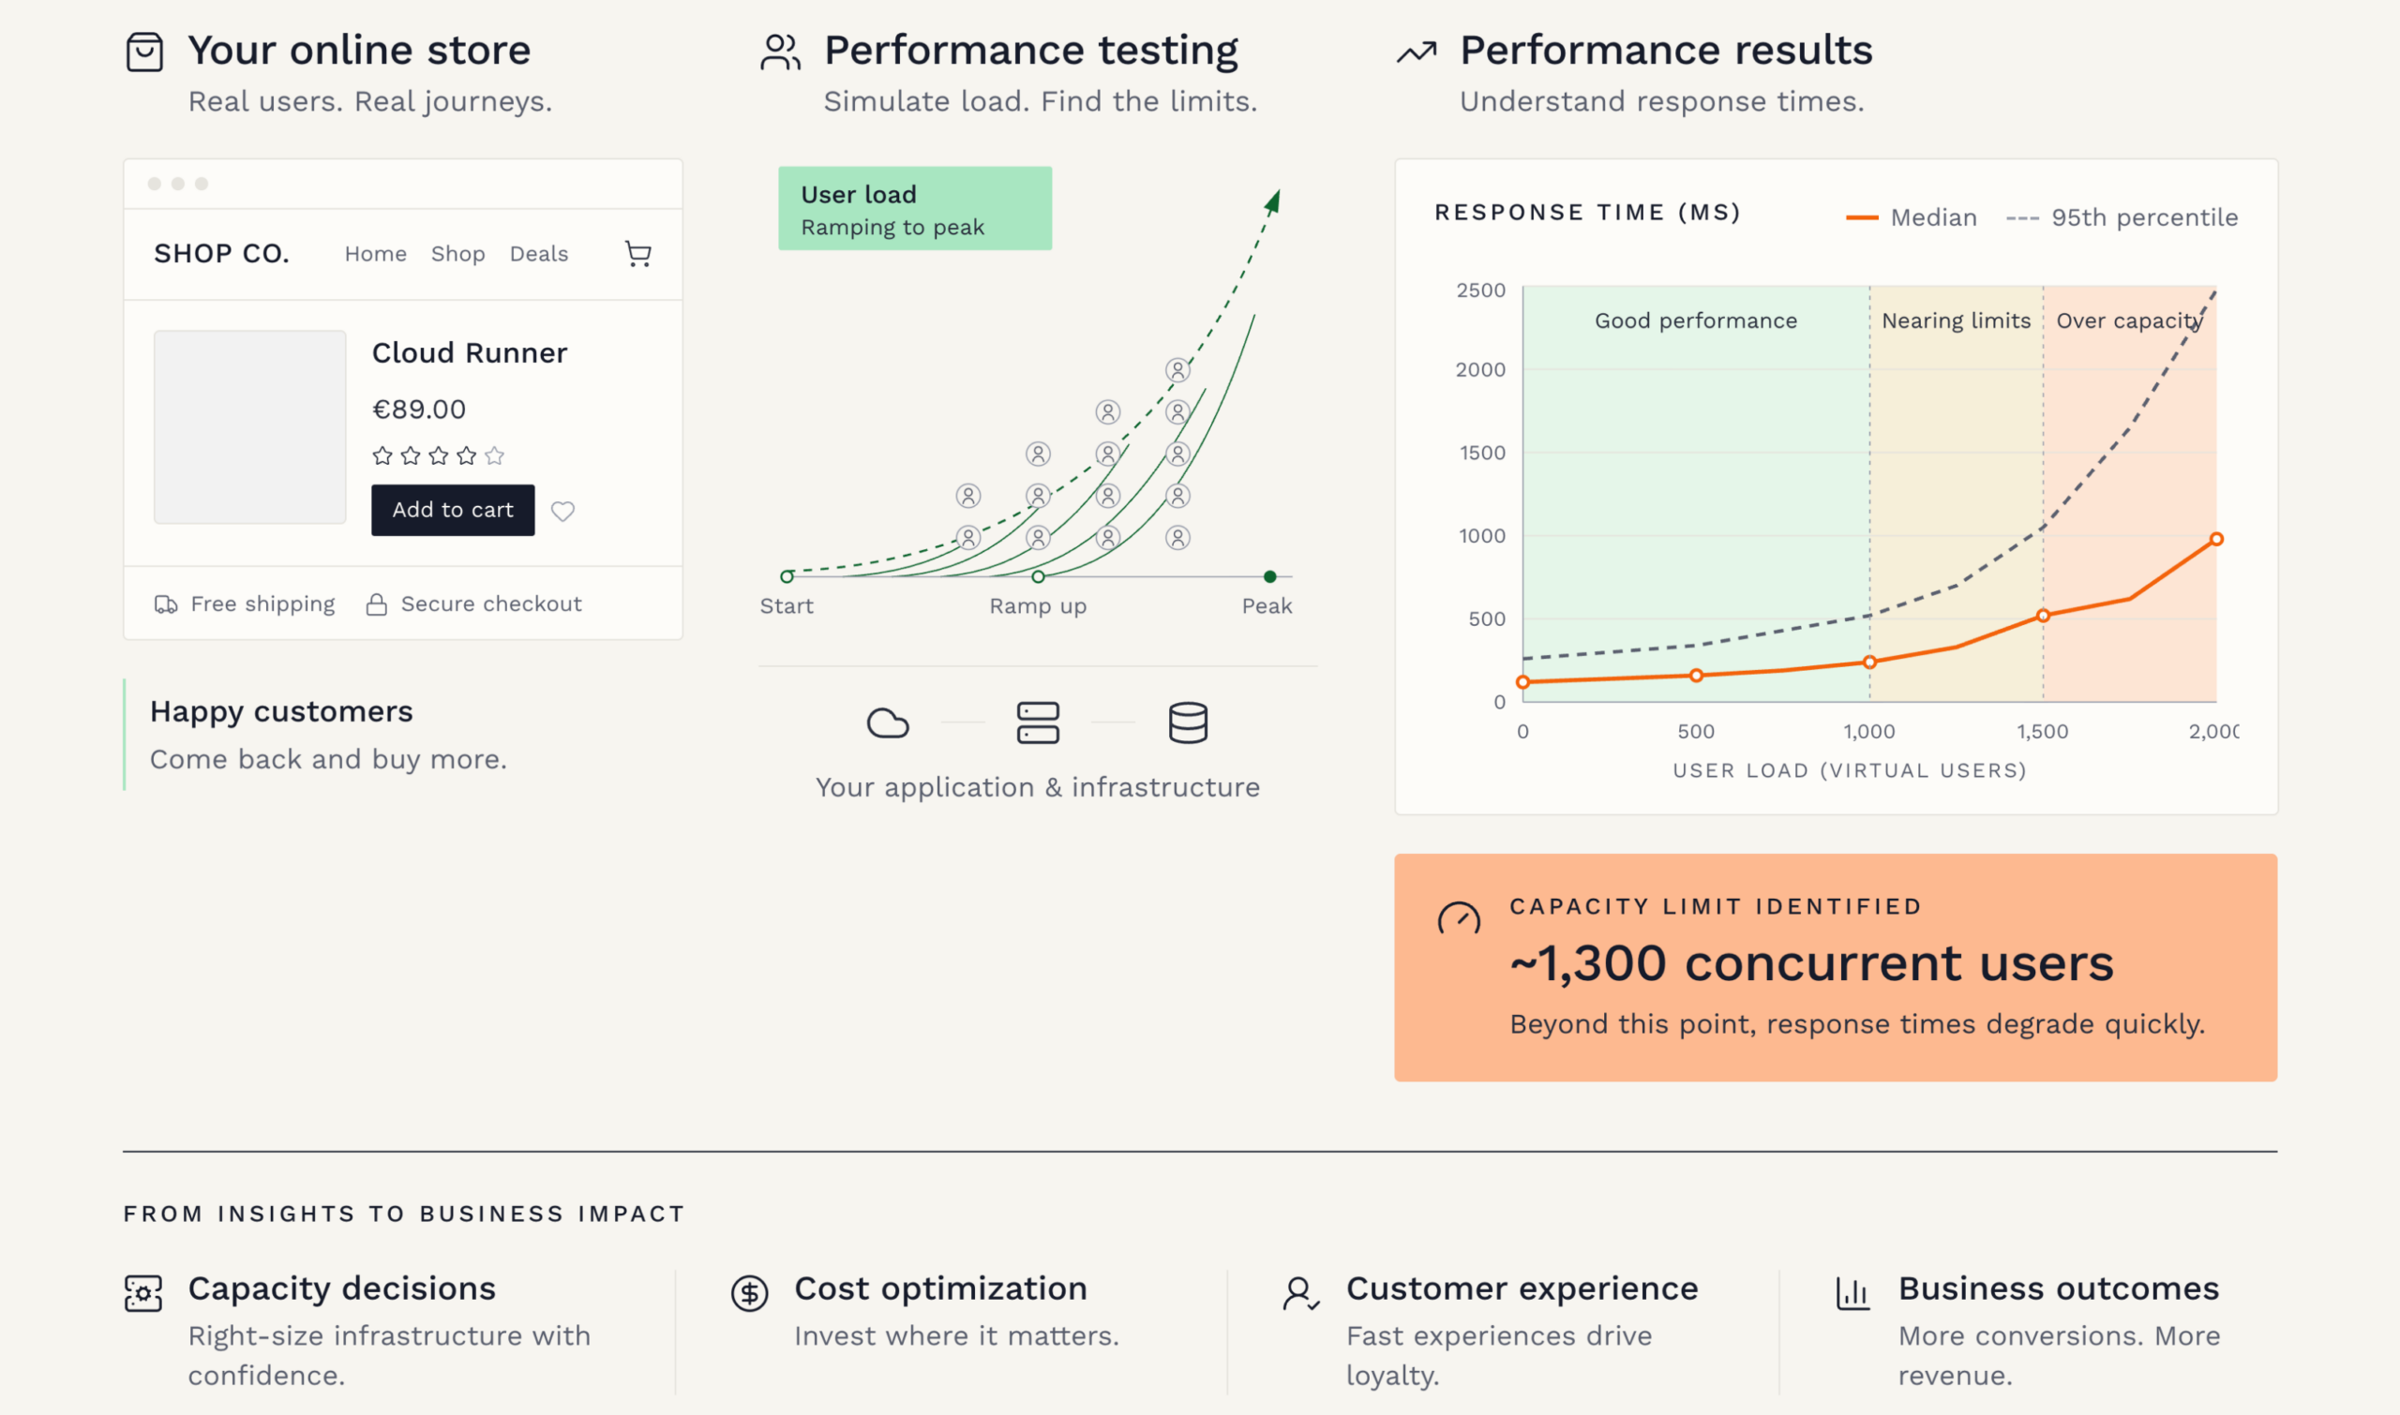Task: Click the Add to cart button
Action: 453,510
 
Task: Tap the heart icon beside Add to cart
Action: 562,512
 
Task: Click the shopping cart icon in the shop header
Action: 638,254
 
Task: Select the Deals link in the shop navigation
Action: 539,254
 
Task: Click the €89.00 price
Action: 419,410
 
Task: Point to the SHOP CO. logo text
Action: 221,254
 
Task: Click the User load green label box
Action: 915,209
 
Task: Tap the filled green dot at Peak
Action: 1269,577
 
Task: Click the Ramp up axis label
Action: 1038,606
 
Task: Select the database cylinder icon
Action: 1188,722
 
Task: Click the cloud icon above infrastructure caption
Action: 887,723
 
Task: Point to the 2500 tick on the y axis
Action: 1480,290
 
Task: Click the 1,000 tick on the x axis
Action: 1868,731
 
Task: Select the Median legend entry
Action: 1912,217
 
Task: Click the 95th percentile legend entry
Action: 2122,217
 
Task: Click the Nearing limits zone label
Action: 1956,321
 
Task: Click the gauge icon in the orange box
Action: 1459,918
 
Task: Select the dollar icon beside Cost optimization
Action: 750,1294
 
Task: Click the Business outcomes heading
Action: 2059,1289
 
